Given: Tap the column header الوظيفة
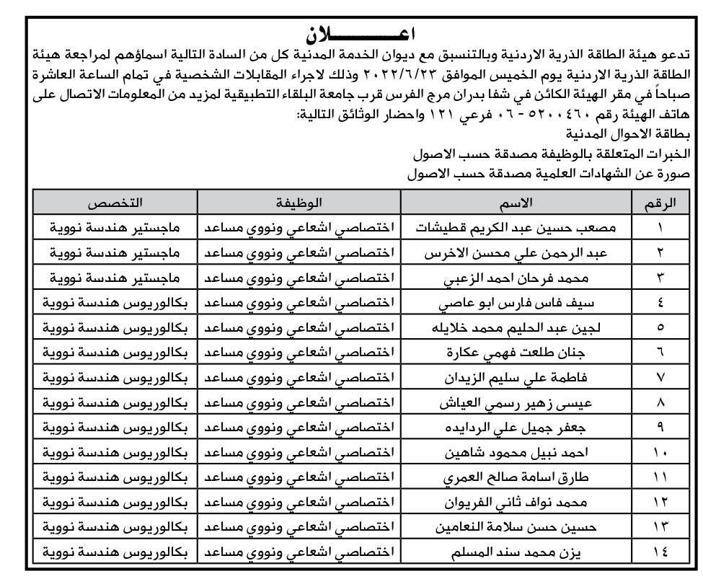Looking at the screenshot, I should tap(297, 203).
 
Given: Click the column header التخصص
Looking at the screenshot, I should tap(115, 203).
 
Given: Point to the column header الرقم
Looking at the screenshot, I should tap(659, 203).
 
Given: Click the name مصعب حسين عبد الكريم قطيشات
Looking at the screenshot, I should tap(517, 228).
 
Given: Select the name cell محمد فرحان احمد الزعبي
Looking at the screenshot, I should tap(517, 278).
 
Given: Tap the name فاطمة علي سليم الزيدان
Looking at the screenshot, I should tap(517, 377).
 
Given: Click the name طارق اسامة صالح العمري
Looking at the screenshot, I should tap(517, 477).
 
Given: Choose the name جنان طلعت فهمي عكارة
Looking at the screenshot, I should tap(517, 353).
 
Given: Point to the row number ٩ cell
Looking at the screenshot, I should tap(659, 428).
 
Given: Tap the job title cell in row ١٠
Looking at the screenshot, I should tap(297, 453).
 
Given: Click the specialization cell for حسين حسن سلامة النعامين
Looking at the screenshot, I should tap(108, 527).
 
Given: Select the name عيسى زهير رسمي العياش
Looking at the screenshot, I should tap(517, 402).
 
